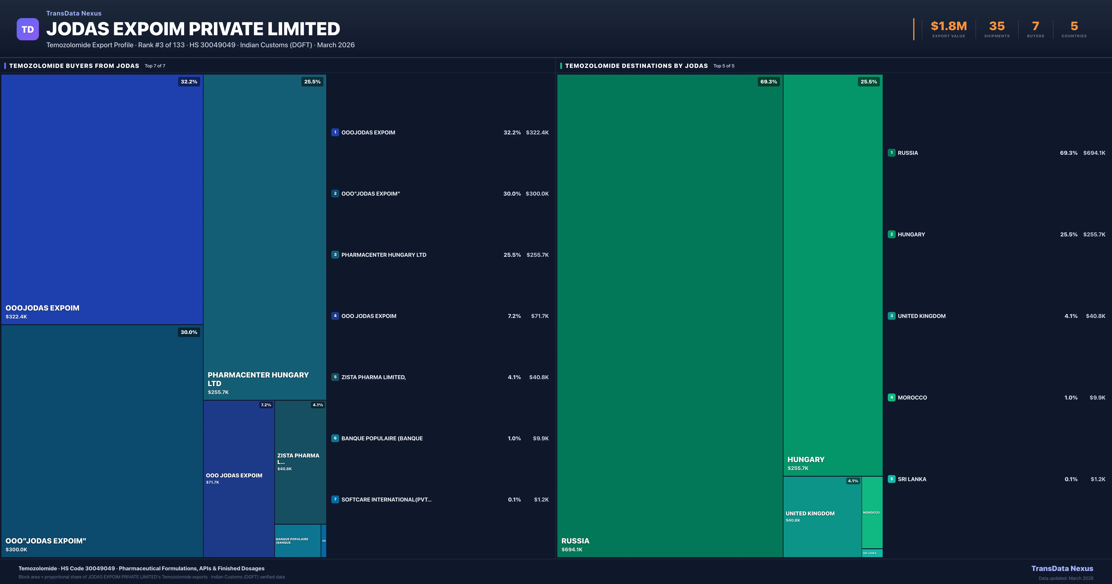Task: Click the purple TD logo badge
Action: pyautogui.click(x=28, y=29)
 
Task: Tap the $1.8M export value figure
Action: pyautogui.click(x=948, y=26)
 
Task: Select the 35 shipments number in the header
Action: pyautogui.click(x=997, y=26)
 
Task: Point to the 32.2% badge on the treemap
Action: pyautogui.click(x=189, y=82)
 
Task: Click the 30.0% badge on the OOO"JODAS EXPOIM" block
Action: pyautogui.click(x=189, y=332)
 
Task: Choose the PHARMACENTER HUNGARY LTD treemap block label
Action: pyautogui.click(x=258, y=379)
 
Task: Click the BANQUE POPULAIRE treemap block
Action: pyautogui.click(x=297, y=541)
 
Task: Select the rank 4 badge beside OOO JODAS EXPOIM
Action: pyautogui.click(x=335, y=316)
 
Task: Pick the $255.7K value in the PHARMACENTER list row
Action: pyautogui.click(x=537, y=255)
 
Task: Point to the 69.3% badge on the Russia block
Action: pyautogui.click(x=768, y=82)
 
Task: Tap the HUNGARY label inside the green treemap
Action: pyautogui.click(x=806, y=460)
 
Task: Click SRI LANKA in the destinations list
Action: pyautogui.click(x=912, y=479)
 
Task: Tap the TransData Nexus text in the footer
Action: pyautogui.click(x=1062, y=568)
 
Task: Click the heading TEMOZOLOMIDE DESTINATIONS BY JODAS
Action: pyautogui.click(x=636, y=66)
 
